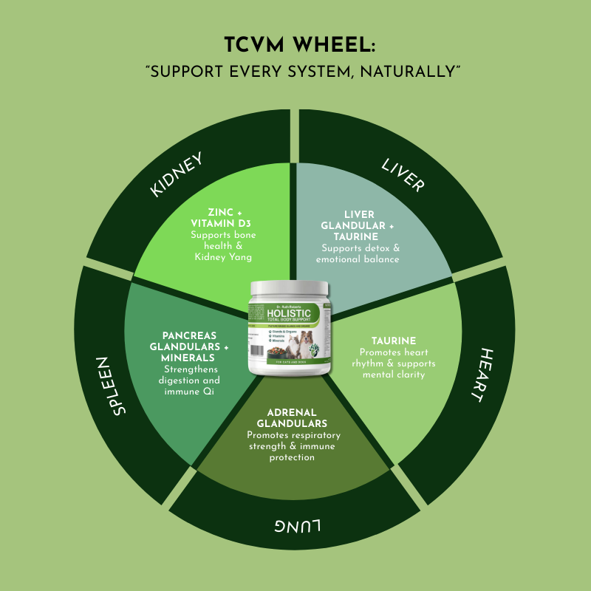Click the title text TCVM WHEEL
click(x=295, y=45)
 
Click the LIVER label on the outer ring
click(x=403, y=174)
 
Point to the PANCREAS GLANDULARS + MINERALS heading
click(x=189, y=347)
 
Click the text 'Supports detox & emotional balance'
click(x=358, y=253)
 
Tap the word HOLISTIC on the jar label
click(x=298, y=312)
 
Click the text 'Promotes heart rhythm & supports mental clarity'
click(x=398, y=363)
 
